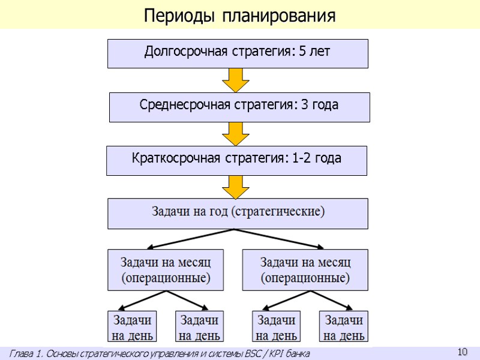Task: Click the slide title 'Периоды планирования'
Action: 239,15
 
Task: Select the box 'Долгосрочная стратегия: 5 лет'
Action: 238,53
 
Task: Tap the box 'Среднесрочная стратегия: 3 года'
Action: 239,107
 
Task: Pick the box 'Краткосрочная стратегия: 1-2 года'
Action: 236,160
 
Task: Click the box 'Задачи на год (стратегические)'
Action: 238,213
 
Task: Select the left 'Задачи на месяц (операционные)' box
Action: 165,270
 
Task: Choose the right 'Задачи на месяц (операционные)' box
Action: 305,270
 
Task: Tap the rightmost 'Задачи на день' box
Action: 343,326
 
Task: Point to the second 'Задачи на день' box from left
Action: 199,326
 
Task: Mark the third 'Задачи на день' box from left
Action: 277,326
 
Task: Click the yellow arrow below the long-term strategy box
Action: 236,80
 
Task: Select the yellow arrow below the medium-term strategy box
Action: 236,133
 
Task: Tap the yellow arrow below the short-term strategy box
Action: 236,187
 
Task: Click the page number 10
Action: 462,352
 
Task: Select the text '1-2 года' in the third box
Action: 317,159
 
